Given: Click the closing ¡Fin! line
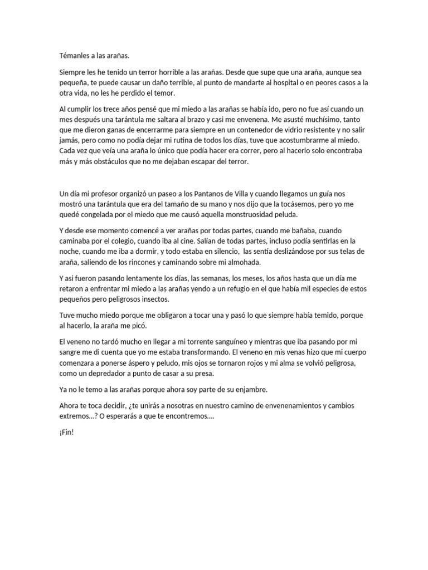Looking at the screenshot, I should tap(66, 432).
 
